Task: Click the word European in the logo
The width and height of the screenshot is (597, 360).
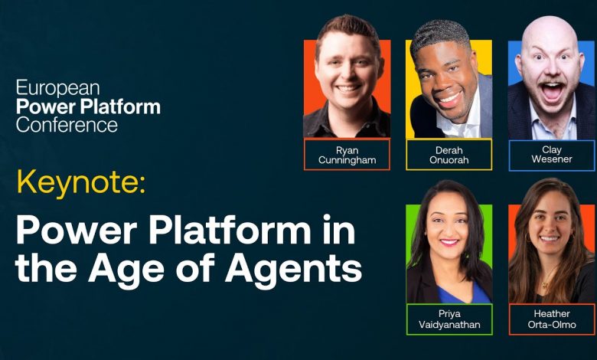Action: tap(58, 88)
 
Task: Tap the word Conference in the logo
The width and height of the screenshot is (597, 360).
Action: tap(67, 125)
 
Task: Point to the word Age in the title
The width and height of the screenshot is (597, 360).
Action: tap(126, 270)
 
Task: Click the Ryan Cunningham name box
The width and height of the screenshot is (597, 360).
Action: tap(347, 154)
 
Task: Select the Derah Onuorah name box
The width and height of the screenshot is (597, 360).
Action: tap(449, 155)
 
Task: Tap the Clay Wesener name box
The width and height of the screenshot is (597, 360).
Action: tap(552, 155)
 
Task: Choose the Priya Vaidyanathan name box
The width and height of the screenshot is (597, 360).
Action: tap(449, 319)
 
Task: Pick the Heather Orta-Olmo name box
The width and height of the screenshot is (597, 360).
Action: tap(552, 319)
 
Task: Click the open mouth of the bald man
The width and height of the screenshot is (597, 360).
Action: tap(550, 91)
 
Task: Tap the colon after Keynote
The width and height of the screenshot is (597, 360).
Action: tap(142, 185)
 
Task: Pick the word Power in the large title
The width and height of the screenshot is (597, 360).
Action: tap(76, 231)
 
